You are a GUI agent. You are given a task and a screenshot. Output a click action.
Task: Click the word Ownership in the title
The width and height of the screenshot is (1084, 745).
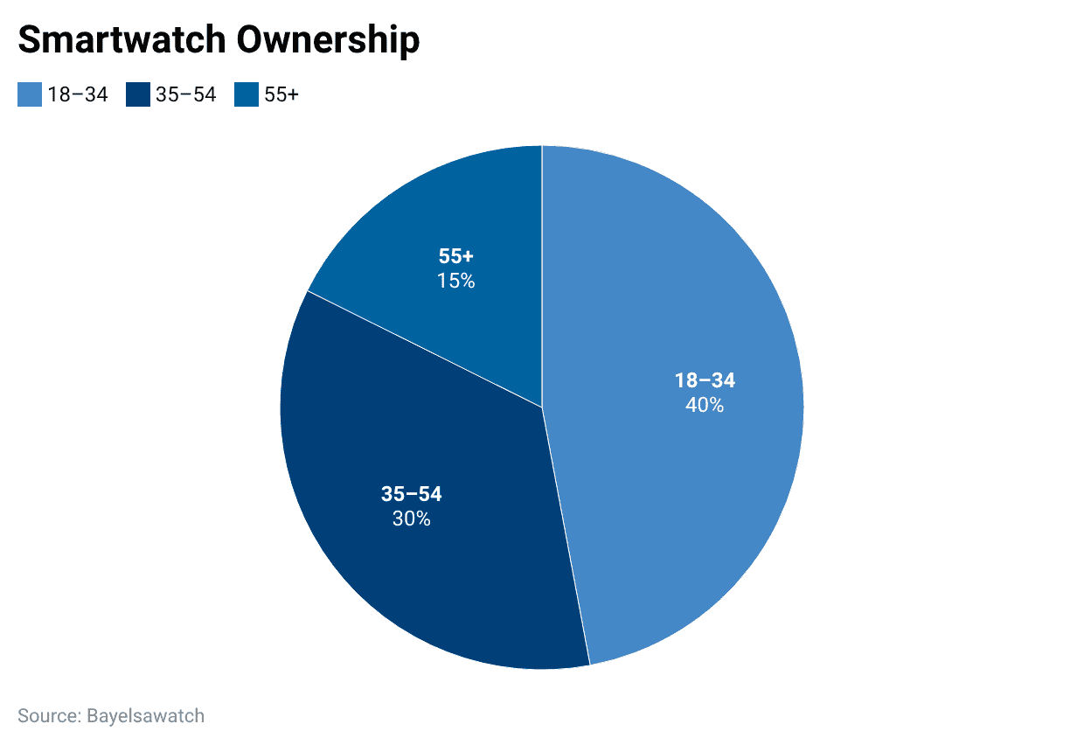pyautogui.click(x=336, y=40)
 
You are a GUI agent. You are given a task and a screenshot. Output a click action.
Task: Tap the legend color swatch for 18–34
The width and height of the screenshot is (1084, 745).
pyautogui.click(x=29, y=94)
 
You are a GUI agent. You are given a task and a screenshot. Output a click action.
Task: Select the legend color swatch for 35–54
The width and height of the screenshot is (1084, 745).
pyautogui.click(x=137, y=94)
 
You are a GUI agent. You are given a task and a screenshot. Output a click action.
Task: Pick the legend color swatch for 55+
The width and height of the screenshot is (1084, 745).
pyautogui.click(x=246, y=94)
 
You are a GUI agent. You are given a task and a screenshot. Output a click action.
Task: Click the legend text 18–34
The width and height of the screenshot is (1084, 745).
pyautogui.click(x=78, y=94)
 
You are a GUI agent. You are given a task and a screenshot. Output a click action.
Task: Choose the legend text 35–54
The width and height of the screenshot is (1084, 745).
pyautogui.click(x=186, y=94)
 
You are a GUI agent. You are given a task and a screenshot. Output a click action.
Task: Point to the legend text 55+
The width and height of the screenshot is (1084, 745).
pyautogui.click(x=281, y=94)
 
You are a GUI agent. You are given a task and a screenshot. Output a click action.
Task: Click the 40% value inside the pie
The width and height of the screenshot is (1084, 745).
pyautogui.click(x=705, y=405)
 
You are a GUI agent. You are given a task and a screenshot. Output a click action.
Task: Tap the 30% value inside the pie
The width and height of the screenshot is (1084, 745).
pyautogui.click(x=411, y=519)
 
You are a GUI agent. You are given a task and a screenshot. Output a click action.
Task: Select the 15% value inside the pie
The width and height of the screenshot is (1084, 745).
pyautogui.click(x=455, y=281)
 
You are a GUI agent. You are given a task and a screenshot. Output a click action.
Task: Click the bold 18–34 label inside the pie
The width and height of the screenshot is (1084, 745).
pyautogui.click(x=705, y=380)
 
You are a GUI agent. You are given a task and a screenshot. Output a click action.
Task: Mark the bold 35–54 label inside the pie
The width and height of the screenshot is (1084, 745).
pyautogui.click(x=411, y=494)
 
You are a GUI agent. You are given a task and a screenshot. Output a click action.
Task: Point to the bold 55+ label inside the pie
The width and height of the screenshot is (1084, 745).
pyautogui.click(x=455, y=257)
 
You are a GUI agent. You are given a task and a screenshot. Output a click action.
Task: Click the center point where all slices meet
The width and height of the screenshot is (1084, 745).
pyautogui.click(x=542, y=407)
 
